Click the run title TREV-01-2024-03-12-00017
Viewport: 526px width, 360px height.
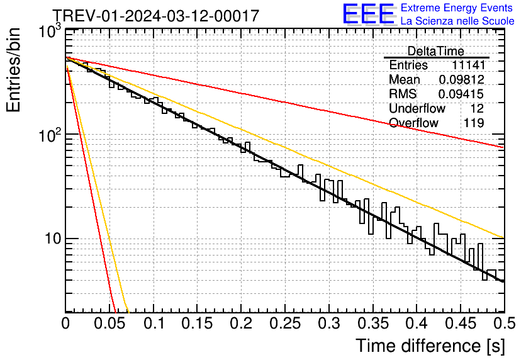click(155, 16)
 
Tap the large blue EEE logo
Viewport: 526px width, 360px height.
click(368, 14)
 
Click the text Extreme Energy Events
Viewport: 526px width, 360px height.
click(457, 8)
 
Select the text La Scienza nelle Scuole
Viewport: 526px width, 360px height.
click(457, 21)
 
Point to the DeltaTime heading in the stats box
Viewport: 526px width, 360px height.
click(436, 51)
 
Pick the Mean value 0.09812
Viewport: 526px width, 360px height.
click(461, 80)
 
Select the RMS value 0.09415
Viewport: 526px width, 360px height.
click(461, 94)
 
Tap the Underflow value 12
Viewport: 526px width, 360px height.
click(476, 108)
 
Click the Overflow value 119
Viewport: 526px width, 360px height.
click(473, 123)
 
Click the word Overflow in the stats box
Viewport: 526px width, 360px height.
click(413, 123)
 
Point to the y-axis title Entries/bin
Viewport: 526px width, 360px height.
click(14, 70)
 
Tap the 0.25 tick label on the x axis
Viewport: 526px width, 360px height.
click(285, 325)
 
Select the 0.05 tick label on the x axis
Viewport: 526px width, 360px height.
click(109, 325)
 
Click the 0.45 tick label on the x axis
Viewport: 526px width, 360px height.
click(460, 325)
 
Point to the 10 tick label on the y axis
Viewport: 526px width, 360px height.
click(52, 239)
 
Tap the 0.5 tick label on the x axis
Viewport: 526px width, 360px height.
click(504, 325)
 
